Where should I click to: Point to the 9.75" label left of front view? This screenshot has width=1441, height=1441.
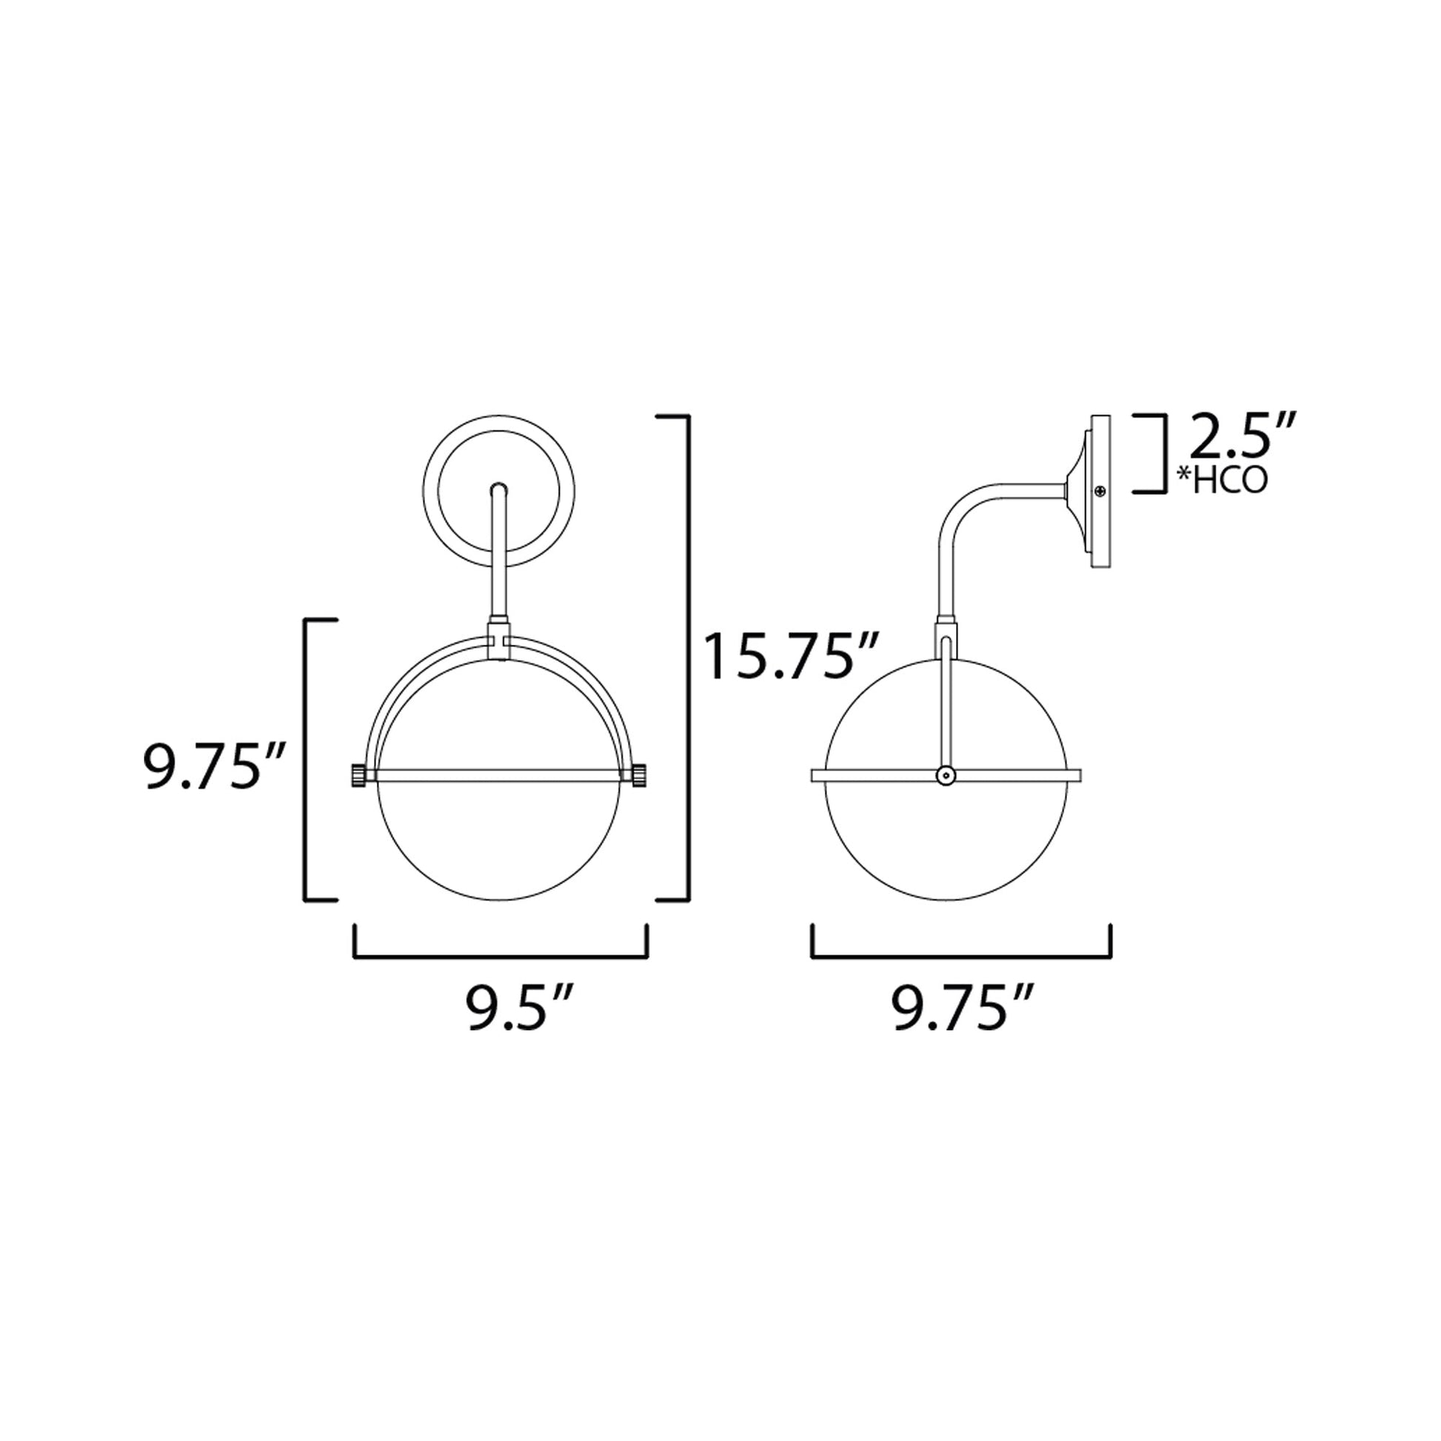214,765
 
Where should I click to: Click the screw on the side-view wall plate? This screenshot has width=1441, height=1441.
1100,492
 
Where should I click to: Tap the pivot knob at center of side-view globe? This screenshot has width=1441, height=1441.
946,777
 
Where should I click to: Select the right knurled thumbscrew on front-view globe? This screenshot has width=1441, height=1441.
640,775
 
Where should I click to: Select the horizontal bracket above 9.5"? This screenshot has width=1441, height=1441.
501,957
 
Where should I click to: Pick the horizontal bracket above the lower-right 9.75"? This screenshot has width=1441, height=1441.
961,957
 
